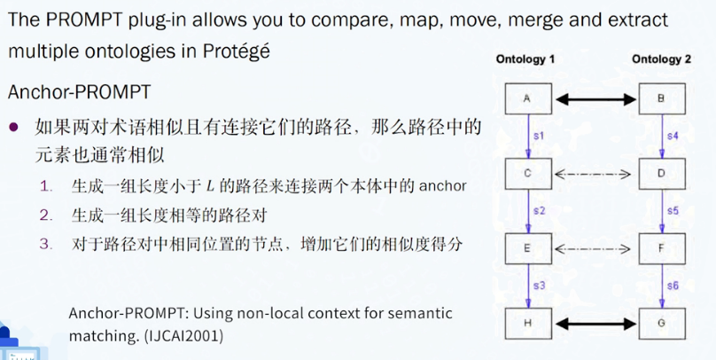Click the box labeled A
(x=528, y=98)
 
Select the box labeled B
(x=662, y=98)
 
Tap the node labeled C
(x=528, y=174)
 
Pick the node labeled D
(x=662, y=174)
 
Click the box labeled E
(x=528, y=248)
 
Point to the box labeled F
(x=662, y=248)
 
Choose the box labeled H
(x=528, y=324)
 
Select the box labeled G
(x=662, y=324)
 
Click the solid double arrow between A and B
(x=595, y=99)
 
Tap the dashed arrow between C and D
(x=592, y=174)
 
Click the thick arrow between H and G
(x=595, y=324)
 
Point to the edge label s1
(x=540, y=137)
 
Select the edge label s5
(x=673, y=211)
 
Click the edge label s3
(x=540, y=286)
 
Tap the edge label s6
(x=673, y=286)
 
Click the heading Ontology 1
(x=525, y=59)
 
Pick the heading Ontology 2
(x=661, y=59)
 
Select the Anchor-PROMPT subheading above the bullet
(x=79, y=92)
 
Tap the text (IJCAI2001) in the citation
(x=183, y=336)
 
